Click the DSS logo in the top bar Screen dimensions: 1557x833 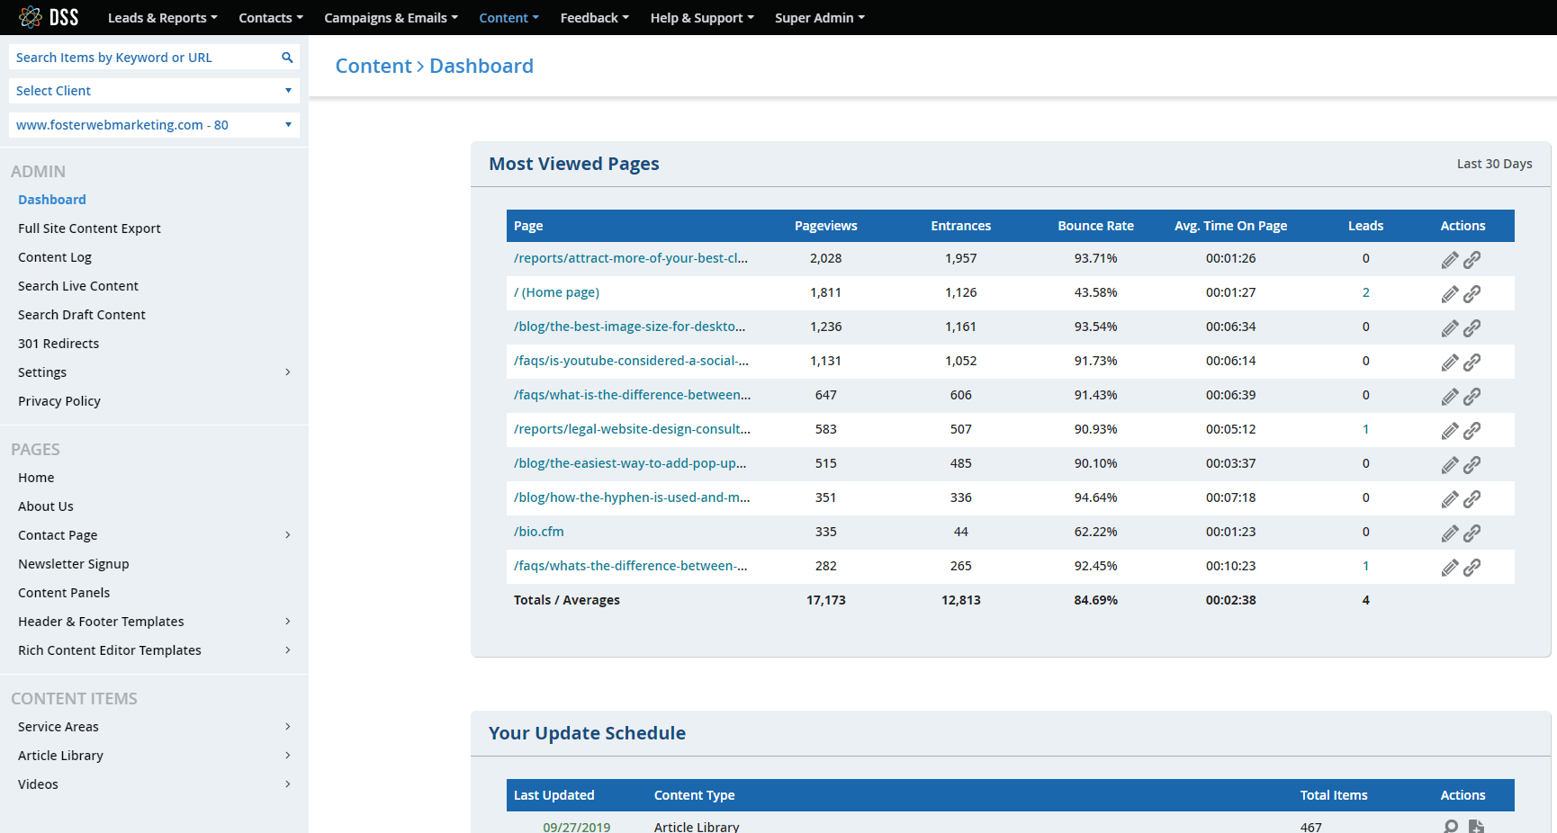(x=49, y=17)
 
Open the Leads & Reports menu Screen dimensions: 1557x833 (x=162, y=18)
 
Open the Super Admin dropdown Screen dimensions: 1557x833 (x=819, y=18)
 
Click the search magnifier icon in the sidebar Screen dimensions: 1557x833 (x=287, y=58)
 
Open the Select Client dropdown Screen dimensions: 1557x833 (x=154, y=91)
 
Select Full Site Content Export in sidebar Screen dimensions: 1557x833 (x=89, y=228)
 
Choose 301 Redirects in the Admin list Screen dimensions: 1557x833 (x=58, y=344)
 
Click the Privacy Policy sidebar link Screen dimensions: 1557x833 (x=59, y=401)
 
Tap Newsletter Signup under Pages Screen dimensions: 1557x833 (x=74, y=564)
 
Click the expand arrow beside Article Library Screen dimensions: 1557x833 (x=288, y=756)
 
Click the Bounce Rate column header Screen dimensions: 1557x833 (x=1095, y=226)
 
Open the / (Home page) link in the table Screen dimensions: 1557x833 (x=556, y=292)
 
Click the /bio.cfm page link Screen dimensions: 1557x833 (x=539, y=532)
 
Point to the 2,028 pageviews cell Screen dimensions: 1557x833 (x=825, y=258)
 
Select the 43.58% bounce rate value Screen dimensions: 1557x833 (x=1095, y=292)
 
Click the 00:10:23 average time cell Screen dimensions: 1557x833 (x=1230, y=566)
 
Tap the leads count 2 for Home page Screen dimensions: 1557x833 (x=1365, y=292)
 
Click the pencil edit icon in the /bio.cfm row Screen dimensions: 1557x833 (x=1449, y=533)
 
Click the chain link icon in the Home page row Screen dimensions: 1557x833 (x=1471, y=294)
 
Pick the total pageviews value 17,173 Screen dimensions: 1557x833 (x=825, y=600)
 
